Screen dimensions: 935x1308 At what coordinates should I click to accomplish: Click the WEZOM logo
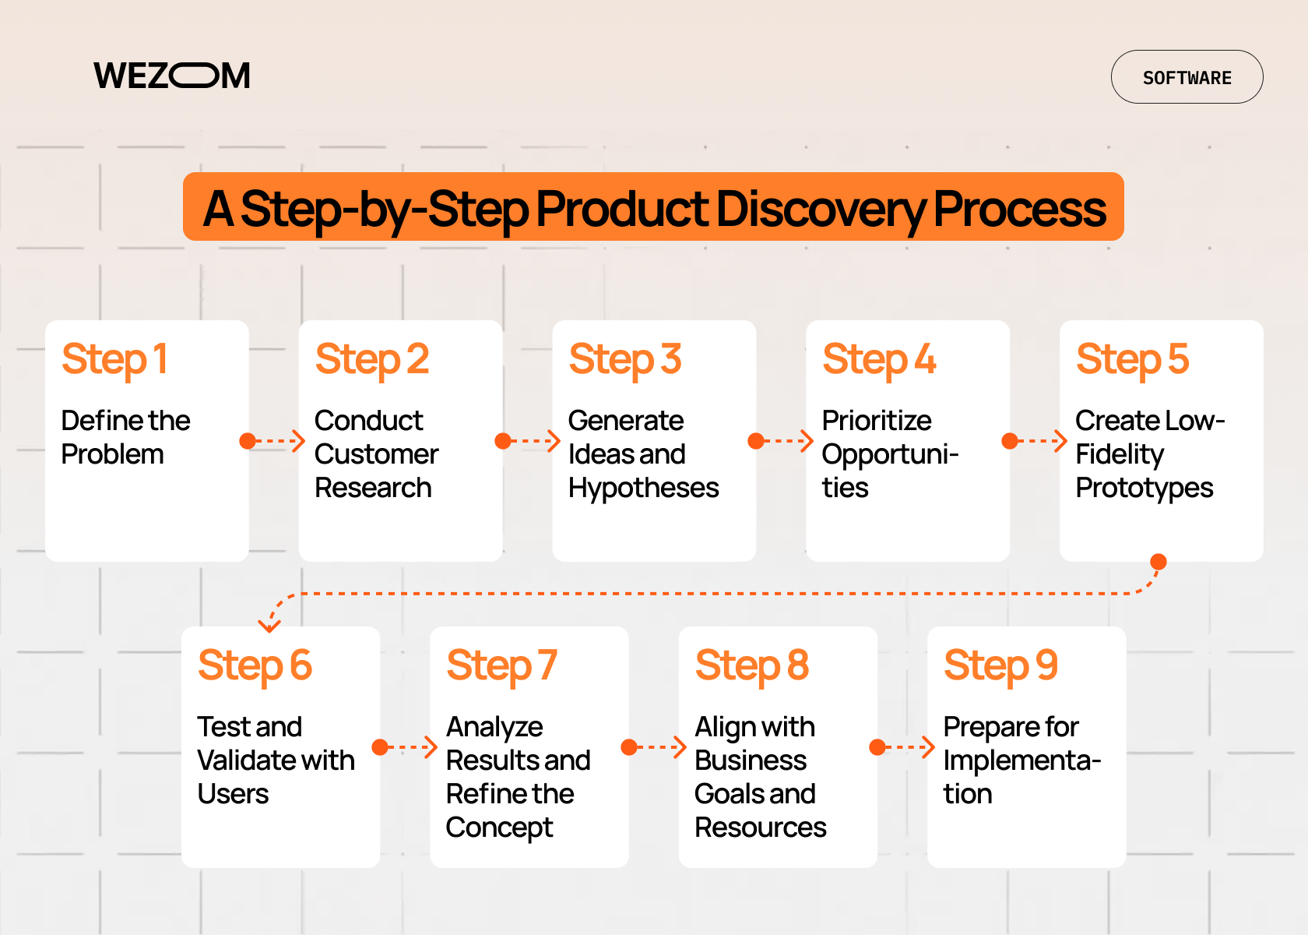(172, 76)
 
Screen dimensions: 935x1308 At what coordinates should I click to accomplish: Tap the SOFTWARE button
(1187, 77)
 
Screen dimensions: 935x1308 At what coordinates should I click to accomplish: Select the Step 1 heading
(114, 359)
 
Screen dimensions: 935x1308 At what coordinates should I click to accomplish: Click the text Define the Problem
(125, 437)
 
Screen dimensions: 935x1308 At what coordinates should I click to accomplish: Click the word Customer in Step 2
(376, 454)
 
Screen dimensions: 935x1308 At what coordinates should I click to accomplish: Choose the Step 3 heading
(625, 359)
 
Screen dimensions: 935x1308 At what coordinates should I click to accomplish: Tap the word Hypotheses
(643, 488)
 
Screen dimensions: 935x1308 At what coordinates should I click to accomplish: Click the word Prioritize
(877, 421)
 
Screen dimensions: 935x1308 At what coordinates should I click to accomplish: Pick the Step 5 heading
(1132, 359)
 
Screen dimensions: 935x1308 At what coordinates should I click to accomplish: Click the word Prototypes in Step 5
(1144, 488)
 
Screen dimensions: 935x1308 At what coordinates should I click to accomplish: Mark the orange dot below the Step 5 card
(1159, 562)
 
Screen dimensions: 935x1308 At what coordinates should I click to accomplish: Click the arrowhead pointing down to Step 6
(269, 625)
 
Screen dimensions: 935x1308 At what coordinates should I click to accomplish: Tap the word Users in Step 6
(233, 794)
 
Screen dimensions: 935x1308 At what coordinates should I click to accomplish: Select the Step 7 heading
(501, 665)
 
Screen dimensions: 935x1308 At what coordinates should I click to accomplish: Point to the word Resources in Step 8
(760, 827)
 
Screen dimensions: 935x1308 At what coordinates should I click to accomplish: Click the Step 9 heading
(1000, 665)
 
